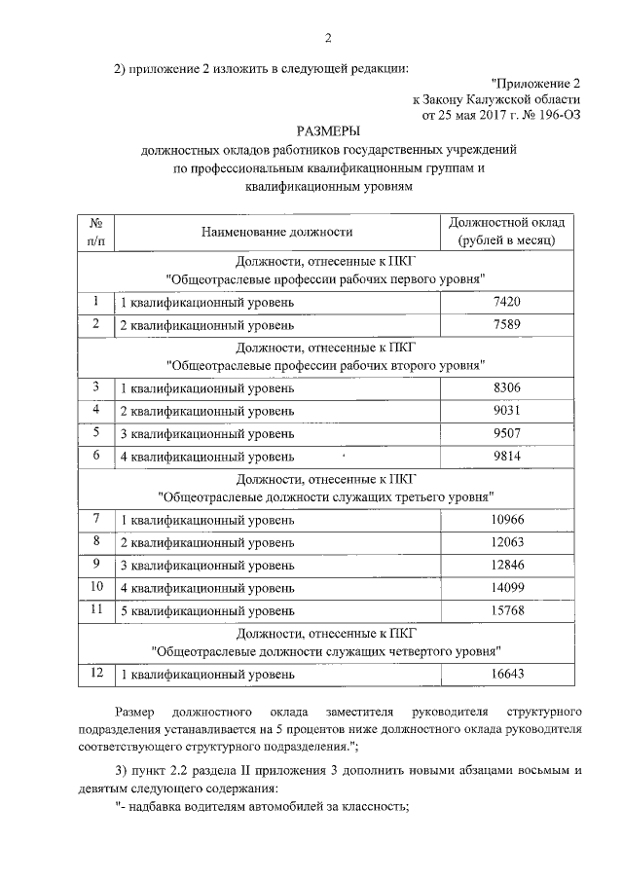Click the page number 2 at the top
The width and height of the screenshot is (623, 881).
pyautogui.click(x=328, y=38)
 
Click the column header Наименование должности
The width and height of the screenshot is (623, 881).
pyautogui.click(x=277, y=231)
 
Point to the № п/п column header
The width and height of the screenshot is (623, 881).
pyautogui.click(x=96, y=231)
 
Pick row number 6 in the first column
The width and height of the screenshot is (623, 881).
pyautogui.click(x=96, y=454)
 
